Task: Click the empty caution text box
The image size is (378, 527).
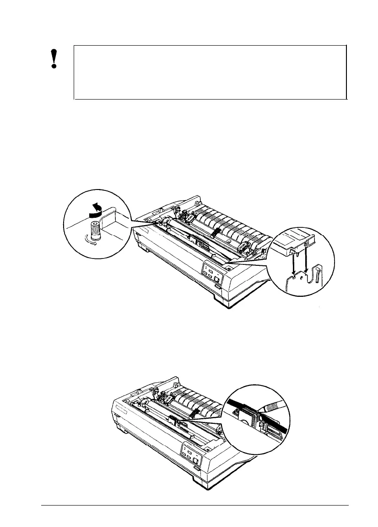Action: click(210, 72)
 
